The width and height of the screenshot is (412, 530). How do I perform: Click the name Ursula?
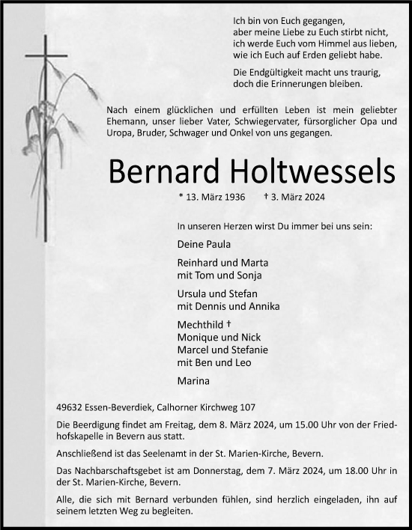pos(193,294)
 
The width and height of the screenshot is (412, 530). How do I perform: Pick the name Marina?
pos(194,381)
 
